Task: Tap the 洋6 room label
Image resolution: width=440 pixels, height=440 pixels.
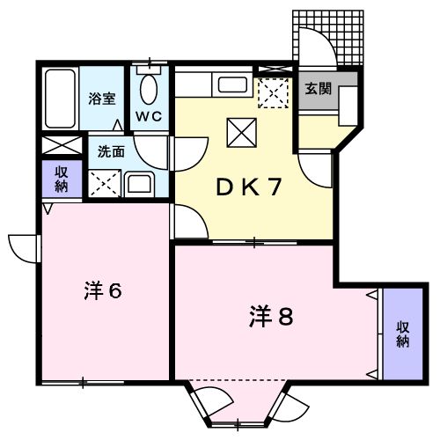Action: click(103, 290)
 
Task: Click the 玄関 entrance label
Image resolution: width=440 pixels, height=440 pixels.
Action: click(318, 88)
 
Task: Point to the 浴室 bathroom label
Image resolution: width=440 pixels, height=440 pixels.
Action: click(102, 99)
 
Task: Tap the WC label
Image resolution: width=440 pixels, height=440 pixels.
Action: click(147, 115)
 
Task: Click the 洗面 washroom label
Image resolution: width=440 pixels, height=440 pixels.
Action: click(110, 150)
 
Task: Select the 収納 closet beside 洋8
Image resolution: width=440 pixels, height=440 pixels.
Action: click(401, 334)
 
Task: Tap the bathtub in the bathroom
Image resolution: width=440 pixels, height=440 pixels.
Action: click(61, 99)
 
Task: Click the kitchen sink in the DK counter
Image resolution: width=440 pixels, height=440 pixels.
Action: click(232, 86)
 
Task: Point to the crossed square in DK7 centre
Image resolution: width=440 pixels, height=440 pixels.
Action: click(240, 133)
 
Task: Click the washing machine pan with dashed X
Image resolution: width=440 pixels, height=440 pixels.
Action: click(105, 181)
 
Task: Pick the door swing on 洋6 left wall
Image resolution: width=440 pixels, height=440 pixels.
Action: click(25, 247)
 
